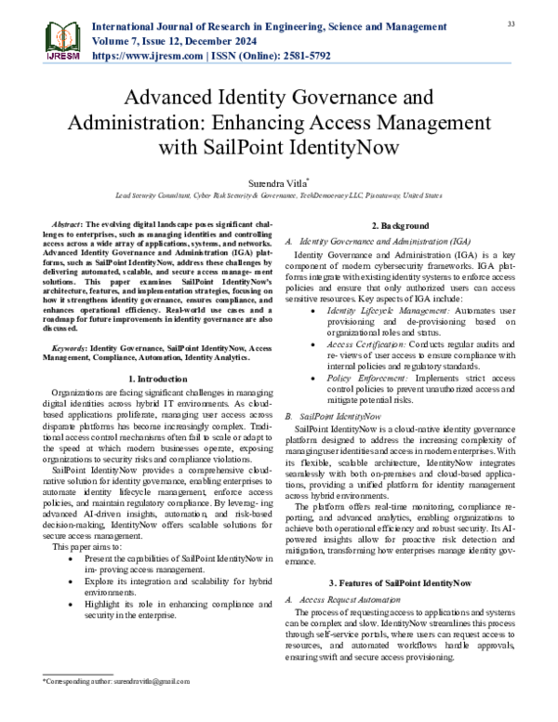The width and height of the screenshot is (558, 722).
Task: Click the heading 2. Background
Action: tap(400, 226)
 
